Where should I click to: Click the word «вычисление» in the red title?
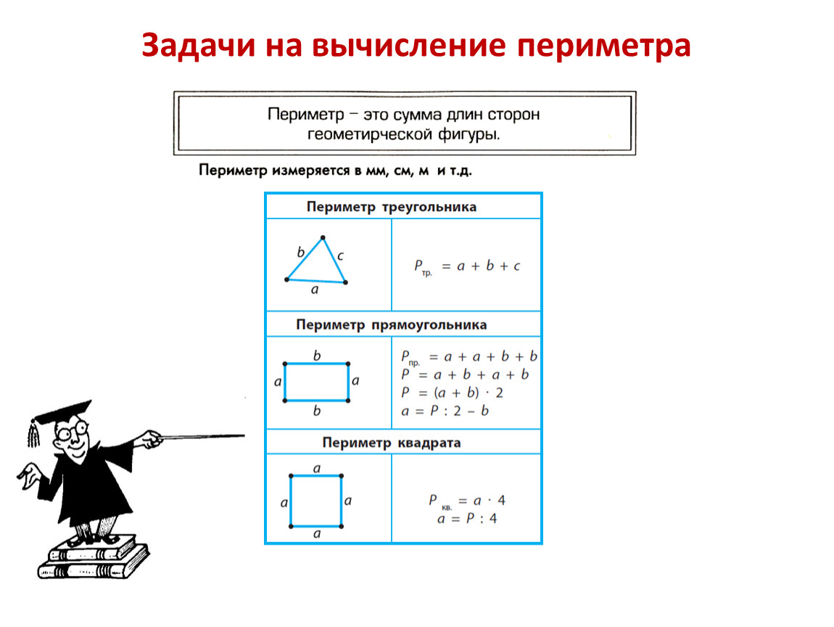coord(408,45)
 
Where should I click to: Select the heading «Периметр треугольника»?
coord(392,207)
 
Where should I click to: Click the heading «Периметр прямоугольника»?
coord(392,324)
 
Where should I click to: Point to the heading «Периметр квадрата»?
coord(392,443)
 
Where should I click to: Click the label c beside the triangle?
coord(340,255)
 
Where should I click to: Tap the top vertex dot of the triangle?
coord(323,237)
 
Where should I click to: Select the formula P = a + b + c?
coord(468,266)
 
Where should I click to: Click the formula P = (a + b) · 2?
coord(452,393)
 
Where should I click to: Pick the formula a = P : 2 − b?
coord(445,411)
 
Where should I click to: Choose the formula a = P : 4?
coord(467,518)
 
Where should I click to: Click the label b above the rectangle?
coord(317,356)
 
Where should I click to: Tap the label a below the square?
coord(317,534)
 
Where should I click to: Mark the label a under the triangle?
coord(315,290)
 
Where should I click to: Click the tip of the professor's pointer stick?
coord(244,435)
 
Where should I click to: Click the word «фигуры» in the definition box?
coord(468,135)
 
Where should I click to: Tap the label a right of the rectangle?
coord(355,380)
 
